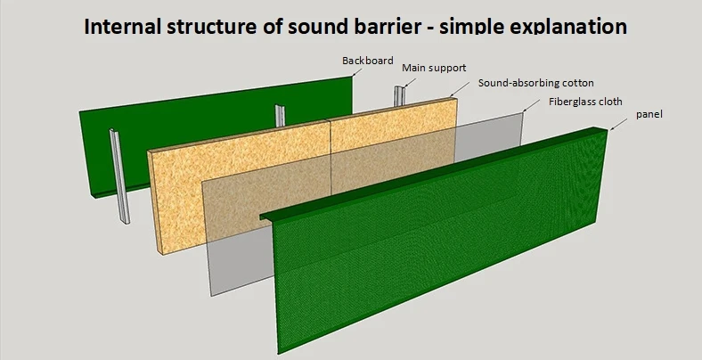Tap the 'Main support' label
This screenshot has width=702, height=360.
point(434,68)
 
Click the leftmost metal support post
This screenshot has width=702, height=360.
point(118,178)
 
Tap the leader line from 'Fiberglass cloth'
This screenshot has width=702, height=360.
point(532,105)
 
